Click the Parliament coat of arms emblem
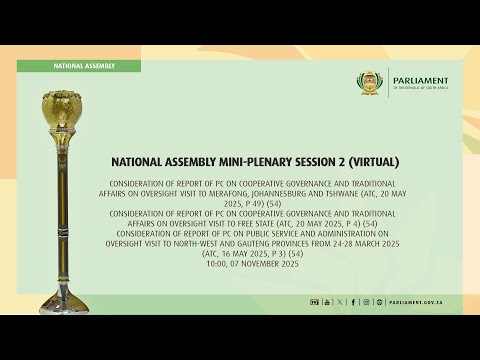click(371, 84)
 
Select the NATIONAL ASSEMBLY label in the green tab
click(84, 66)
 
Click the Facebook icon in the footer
click(352, 301)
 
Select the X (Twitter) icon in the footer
click(340, 301)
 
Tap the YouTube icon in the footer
click(326, 301)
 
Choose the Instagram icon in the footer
click(365, 301)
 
